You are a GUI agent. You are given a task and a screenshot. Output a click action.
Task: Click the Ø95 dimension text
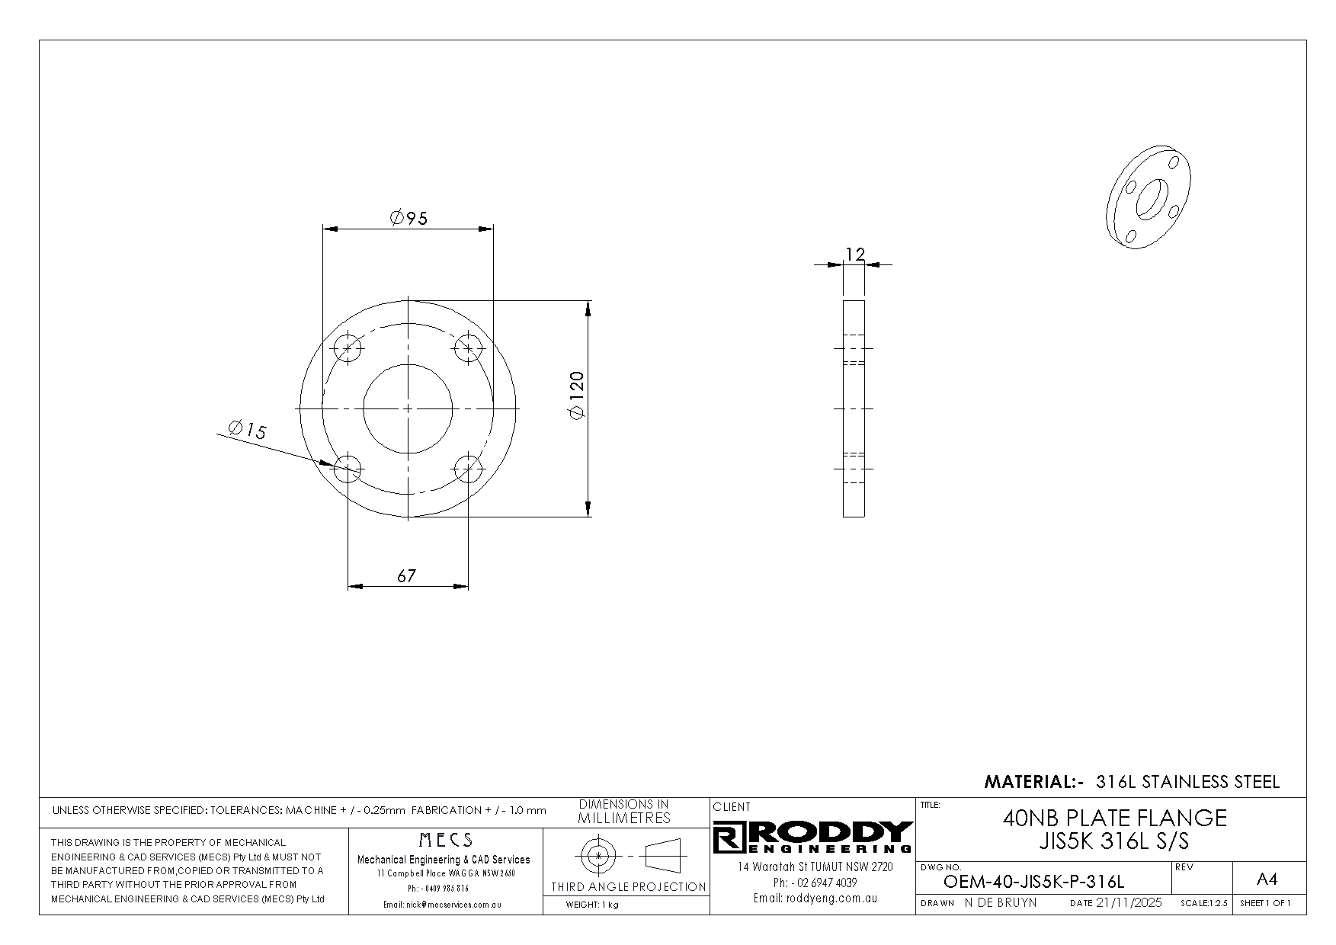[x=408, y=219]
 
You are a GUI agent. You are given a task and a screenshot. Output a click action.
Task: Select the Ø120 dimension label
[x=576, y=395]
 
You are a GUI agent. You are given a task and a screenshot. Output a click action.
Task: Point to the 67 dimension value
[x=407, y=576]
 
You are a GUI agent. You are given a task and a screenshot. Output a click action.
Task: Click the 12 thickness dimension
[x=855, y=254]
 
